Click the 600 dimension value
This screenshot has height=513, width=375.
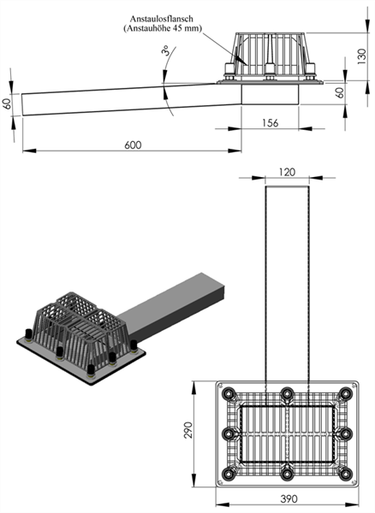coord(133,145)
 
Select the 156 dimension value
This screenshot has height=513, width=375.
coord(271,123)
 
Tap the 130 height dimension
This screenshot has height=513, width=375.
coord(361,56)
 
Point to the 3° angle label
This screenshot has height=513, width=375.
coord(166,50)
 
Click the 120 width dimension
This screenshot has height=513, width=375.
coord(287,172)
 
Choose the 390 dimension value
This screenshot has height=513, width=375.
coord(289,499)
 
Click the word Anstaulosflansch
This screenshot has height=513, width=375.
coord(162,19)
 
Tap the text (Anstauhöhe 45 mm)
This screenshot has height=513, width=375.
coord(163,28)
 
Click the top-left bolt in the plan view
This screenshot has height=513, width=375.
coord(229,393)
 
